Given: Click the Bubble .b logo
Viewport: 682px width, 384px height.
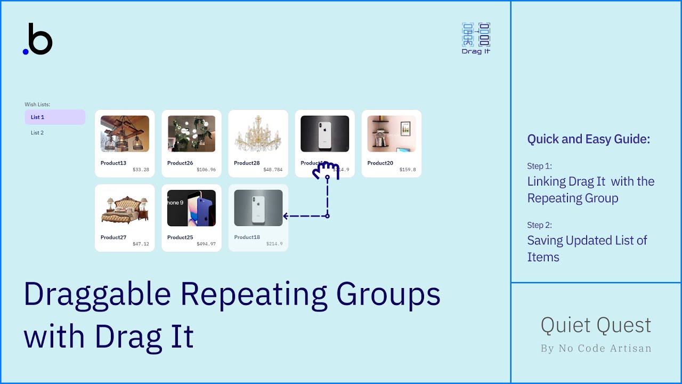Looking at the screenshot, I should [x=38, y=39].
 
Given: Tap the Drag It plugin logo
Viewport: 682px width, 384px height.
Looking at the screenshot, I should [x=476, y=38].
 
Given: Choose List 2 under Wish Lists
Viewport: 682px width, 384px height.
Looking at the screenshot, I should [x=37, y=133].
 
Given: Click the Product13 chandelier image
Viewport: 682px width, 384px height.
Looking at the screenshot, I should [x=125, y=134].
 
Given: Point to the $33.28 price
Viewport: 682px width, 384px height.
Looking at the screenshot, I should [x=141, y=170].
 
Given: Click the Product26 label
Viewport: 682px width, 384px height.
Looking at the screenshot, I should [x=180, y=163].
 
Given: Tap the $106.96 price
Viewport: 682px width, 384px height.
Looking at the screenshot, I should [x=206, y=170].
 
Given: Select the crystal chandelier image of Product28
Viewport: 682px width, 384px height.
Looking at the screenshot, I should [x=258, y=134].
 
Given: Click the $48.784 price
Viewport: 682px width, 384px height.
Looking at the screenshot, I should [x=273, y=170].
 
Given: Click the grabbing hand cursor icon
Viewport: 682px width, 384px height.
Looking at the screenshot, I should [x=326, y=171].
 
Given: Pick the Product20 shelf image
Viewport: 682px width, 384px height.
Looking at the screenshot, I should [x=391, y=134].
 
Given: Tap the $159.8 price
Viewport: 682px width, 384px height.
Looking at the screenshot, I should [x=408, y=170].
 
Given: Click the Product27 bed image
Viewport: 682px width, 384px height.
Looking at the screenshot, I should [x=125, y=208].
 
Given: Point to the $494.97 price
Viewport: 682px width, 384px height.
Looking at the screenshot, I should [x=206, y=244].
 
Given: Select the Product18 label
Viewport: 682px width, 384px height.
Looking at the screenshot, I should [x=247, y=237].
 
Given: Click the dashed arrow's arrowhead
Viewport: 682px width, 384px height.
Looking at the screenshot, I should [x=286, y=216].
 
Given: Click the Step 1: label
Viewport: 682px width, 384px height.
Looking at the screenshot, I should [x=539, y=166].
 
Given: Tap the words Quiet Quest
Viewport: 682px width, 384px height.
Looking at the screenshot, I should [x=596, y=325].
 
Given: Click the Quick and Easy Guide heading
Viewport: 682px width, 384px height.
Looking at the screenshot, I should [x=588, y=140].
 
